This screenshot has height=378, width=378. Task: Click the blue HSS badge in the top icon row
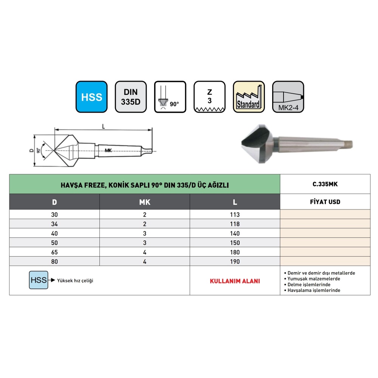[91, 97]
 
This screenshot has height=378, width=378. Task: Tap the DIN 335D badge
[131, 97]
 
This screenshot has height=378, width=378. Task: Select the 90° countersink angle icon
[170, 97]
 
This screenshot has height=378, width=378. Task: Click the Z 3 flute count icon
[209, 97]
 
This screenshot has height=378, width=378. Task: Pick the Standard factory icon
[249, 97]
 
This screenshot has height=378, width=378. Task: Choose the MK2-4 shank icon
[288, 97]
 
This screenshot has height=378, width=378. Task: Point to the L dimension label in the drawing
[104, 126]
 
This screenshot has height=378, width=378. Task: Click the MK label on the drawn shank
[108, 150]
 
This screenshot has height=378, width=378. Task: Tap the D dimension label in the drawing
[31, 150]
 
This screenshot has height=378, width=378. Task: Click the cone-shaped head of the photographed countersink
[257, 144]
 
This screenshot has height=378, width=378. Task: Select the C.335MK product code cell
[325, 184]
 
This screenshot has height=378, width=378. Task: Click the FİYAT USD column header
[325, 202]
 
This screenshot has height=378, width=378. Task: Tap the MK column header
[145, 202]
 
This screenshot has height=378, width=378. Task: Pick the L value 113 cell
[235, 214]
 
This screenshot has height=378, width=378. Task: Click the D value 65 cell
[54, 252]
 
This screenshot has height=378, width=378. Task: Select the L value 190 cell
[235, 261]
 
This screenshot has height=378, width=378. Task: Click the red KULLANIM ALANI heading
[235, 281]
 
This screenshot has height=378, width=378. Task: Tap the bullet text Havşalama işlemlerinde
[314, 290]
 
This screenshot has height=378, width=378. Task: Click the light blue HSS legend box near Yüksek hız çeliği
[39, 280]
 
